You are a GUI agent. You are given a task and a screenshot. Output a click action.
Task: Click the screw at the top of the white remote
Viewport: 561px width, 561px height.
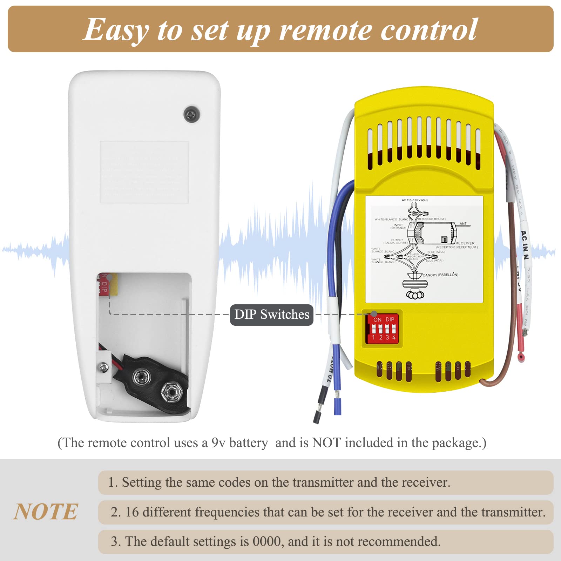point(192,114)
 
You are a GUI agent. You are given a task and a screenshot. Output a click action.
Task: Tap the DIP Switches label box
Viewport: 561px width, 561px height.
point(272,315)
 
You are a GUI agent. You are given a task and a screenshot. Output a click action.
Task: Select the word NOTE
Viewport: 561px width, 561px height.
point(46,512)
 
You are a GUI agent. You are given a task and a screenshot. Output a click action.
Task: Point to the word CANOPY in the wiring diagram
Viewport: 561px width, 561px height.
point(430,275)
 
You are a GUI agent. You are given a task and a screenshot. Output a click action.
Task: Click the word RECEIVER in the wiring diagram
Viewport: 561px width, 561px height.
point(465,243)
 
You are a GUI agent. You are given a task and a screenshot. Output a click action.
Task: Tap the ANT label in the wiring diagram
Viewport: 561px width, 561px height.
point(463,223)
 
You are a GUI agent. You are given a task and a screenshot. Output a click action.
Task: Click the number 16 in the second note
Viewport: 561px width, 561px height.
point(132,512)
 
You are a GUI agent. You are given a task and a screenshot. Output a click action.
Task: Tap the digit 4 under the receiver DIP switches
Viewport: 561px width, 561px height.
point(394,338)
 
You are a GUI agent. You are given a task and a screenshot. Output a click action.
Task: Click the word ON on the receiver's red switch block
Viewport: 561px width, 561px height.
point(377,320)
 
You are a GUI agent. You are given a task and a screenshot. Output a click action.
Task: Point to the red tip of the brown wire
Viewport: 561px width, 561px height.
point(521,358)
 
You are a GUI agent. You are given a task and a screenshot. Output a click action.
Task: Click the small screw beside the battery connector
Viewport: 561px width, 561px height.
point(103,367)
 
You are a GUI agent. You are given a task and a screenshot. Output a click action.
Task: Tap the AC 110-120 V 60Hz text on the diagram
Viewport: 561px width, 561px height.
point(414,200)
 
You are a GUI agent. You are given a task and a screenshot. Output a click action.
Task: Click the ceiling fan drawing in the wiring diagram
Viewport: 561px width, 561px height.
point(415,286)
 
